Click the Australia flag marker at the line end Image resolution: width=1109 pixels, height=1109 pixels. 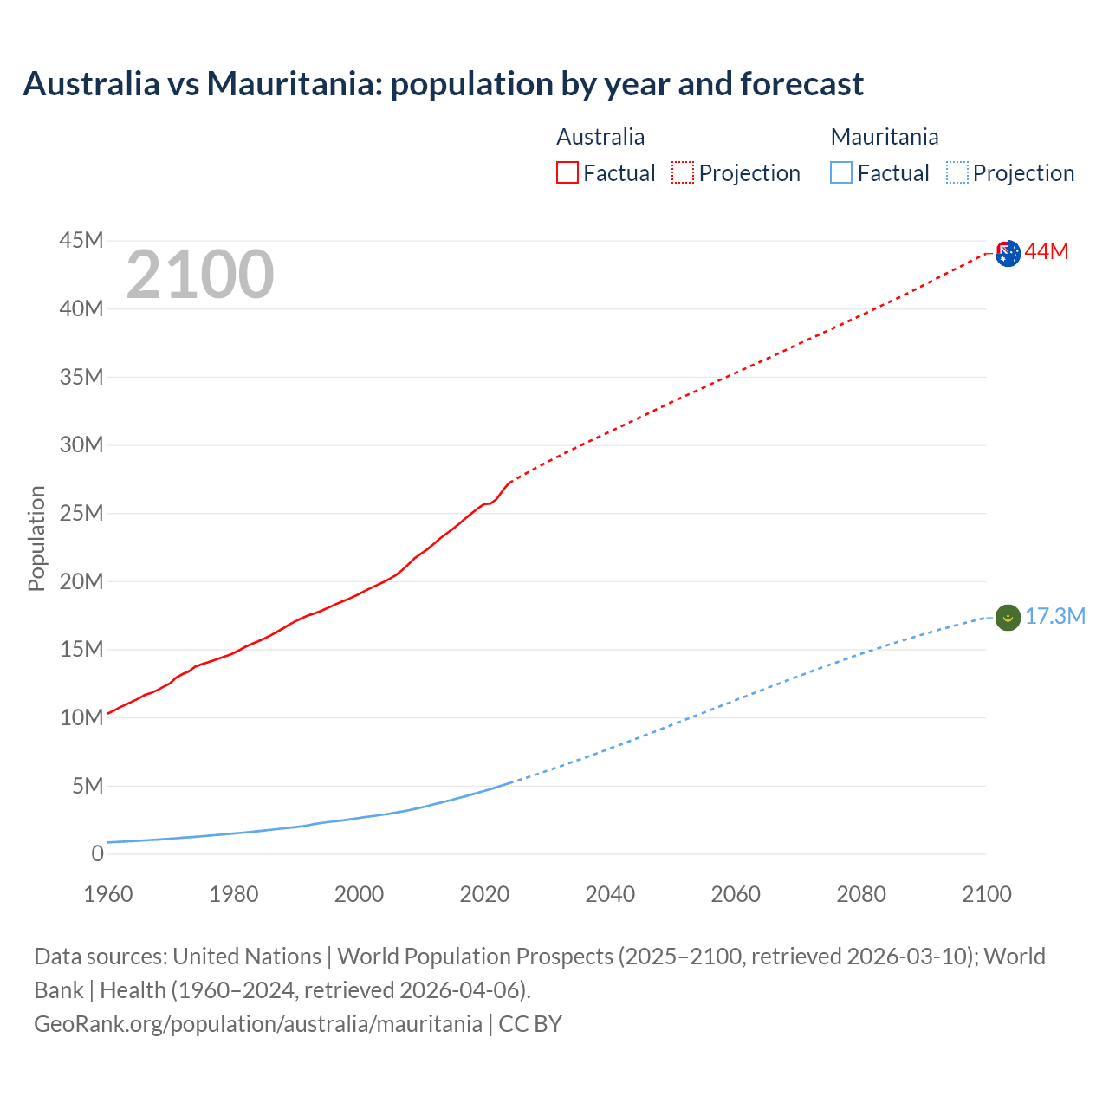[x=1008, y=254]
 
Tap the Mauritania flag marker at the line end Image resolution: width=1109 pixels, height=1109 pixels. [x=1008, y=618]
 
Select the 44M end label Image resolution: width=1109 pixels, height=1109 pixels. [x=1047, y=252]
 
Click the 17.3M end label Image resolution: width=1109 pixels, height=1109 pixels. [x=1055, y=616]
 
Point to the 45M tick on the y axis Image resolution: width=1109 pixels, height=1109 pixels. [x=81, y=240]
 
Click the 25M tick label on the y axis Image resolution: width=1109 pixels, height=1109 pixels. [x=81, y=513]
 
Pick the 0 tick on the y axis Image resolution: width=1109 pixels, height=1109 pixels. [x=97, y=853]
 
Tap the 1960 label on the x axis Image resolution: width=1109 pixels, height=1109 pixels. [x=108, y=894]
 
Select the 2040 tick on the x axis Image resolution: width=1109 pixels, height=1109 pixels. [x=610, y=894]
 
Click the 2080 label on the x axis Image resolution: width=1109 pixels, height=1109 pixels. [x=861, y=894]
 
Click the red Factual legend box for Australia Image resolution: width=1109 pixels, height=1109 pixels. [x=567, y=172]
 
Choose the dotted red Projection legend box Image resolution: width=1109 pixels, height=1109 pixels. [x=683, y=172]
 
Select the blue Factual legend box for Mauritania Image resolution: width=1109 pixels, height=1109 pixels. [x=841, y=172]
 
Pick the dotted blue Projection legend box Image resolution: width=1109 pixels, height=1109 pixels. [x=957, y=172]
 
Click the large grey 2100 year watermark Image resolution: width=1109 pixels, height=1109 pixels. [x=200, y=275]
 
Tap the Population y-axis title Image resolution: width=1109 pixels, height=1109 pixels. [x=36, y=538]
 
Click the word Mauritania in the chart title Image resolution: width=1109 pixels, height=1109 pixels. [x=294, y=84]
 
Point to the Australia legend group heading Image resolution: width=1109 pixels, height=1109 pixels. [x=600, y=137]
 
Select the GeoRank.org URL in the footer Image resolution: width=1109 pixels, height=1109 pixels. [x=257, y=1024]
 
